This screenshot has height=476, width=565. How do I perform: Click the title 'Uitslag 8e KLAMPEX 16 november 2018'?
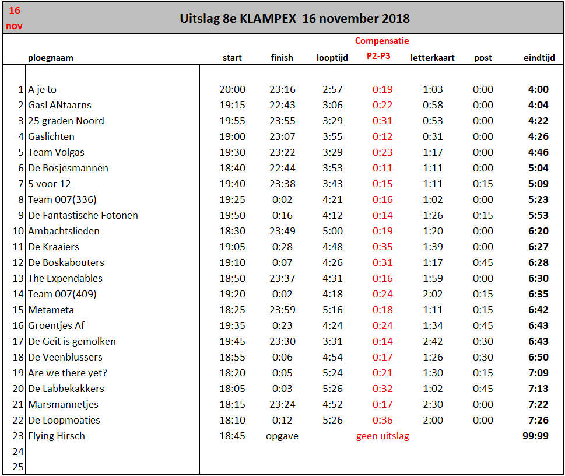(x=294, y=19)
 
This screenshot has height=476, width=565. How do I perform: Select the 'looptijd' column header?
(x=332, y=58)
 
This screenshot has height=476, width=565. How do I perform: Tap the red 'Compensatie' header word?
(x=382, y=41)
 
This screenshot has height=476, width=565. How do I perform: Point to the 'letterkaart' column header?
(x=433, y=58)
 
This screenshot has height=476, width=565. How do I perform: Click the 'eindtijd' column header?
(x=539, y=58)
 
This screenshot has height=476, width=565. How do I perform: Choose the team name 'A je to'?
(x=42, y=89)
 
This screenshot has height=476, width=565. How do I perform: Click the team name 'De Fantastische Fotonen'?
(x=83, y=215)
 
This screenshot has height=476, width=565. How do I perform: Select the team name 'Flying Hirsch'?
(x=57, y=436)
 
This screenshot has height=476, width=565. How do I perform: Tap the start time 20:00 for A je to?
(x=233, y=89)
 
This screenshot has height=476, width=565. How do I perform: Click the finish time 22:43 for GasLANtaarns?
(x=282, y=106)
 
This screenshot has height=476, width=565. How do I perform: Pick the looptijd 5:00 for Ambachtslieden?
(x=332, y=231)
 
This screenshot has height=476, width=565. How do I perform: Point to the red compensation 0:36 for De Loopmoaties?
(x=382, y=420)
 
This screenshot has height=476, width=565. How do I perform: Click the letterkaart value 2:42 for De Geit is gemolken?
(x=433, y=341)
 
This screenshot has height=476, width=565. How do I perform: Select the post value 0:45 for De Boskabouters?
(x=483, y=262)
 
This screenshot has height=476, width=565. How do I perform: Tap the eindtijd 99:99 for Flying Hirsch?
(x=535, y=436)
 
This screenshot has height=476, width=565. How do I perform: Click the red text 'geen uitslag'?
(x=382, y=436)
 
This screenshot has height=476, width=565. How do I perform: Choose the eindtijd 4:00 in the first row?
(x=538, y=89)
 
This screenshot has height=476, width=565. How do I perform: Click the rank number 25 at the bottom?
(x=18, y=467)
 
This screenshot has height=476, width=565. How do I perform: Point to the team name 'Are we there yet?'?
(x=68, y=373)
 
